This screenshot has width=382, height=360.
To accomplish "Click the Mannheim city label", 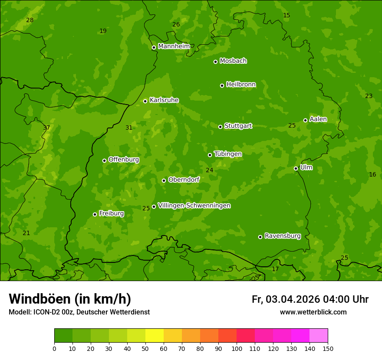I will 174,46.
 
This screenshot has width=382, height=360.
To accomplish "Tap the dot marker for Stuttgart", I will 220,127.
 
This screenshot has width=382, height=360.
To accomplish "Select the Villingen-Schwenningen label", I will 194,206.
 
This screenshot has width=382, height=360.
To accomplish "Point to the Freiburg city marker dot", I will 95,214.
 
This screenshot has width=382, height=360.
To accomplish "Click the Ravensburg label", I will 282,236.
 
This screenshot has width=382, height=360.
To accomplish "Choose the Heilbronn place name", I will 240,85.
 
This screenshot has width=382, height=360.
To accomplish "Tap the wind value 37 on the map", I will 46,128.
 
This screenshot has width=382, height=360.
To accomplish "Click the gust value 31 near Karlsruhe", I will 129,128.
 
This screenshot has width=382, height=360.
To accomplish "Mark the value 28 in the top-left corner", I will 30,20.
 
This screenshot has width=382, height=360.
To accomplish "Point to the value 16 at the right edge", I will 372,175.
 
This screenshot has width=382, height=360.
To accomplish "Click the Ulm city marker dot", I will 296,168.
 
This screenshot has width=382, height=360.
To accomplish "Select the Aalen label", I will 318,119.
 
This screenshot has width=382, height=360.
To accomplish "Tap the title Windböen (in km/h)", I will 70,299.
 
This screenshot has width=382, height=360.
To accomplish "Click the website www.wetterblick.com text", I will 313,312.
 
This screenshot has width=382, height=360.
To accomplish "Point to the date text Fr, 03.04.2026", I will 286,299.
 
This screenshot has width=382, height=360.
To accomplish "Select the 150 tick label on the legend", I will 328,348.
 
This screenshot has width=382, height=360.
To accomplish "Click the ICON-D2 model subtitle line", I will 79,312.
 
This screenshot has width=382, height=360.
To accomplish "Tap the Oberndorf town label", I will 184,180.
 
